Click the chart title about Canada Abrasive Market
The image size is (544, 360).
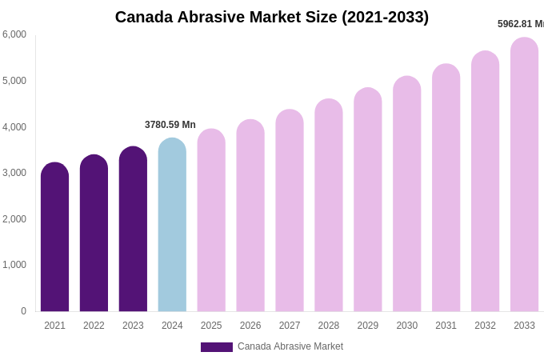point(272,17)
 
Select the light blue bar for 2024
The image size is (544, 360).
point(172,226)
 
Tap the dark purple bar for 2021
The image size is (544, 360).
point(54,238)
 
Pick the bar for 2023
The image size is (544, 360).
point(133,230)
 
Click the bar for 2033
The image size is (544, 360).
point(524,174)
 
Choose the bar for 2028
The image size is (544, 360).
point(329,206)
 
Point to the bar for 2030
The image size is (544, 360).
point(406,194)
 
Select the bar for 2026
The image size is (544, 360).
point(250,216)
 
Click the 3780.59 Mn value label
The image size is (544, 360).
point(170,125)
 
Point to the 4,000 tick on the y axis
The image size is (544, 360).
point(14,127)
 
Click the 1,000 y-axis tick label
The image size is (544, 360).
point(14,265)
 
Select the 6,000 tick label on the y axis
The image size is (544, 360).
point(14,34)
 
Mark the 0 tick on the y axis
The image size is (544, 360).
point(23,311)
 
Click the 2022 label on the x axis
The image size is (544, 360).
point(94,326)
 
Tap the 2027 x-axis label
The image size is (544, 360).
point(290,326)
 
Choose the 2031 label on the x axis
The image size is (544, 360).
point(446,326)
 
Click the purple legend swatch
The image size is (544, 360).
point(216,347)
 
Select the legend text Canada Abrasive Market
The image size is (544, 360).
point(290,346)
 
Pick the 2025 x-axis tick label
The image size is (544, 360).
point(211,326)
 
